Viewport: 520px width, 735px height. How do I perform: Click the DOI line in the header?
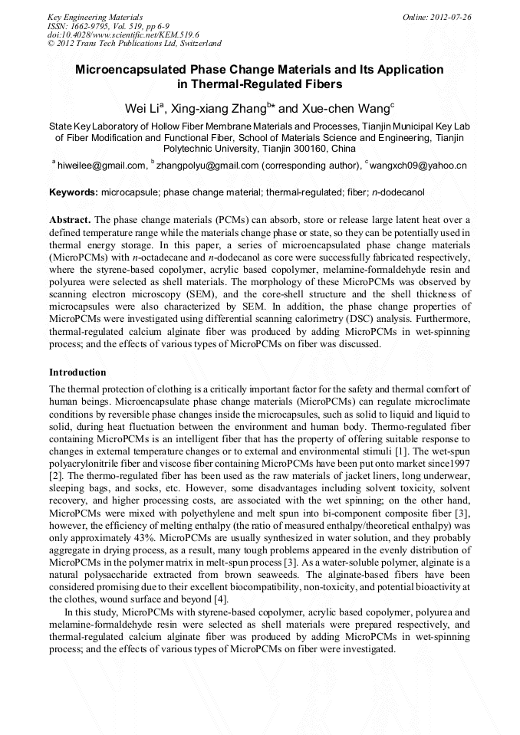(123, 34)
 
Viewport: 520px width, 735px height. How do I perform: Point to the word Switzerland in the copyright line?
(195, 44)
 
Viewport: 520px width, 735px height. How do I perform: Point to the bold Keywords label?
(73, 192)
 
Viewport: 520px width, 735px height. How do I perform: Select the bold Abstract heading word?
(71, 219)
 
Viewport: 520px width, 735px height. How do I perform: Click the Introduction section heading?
(77, 372)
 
